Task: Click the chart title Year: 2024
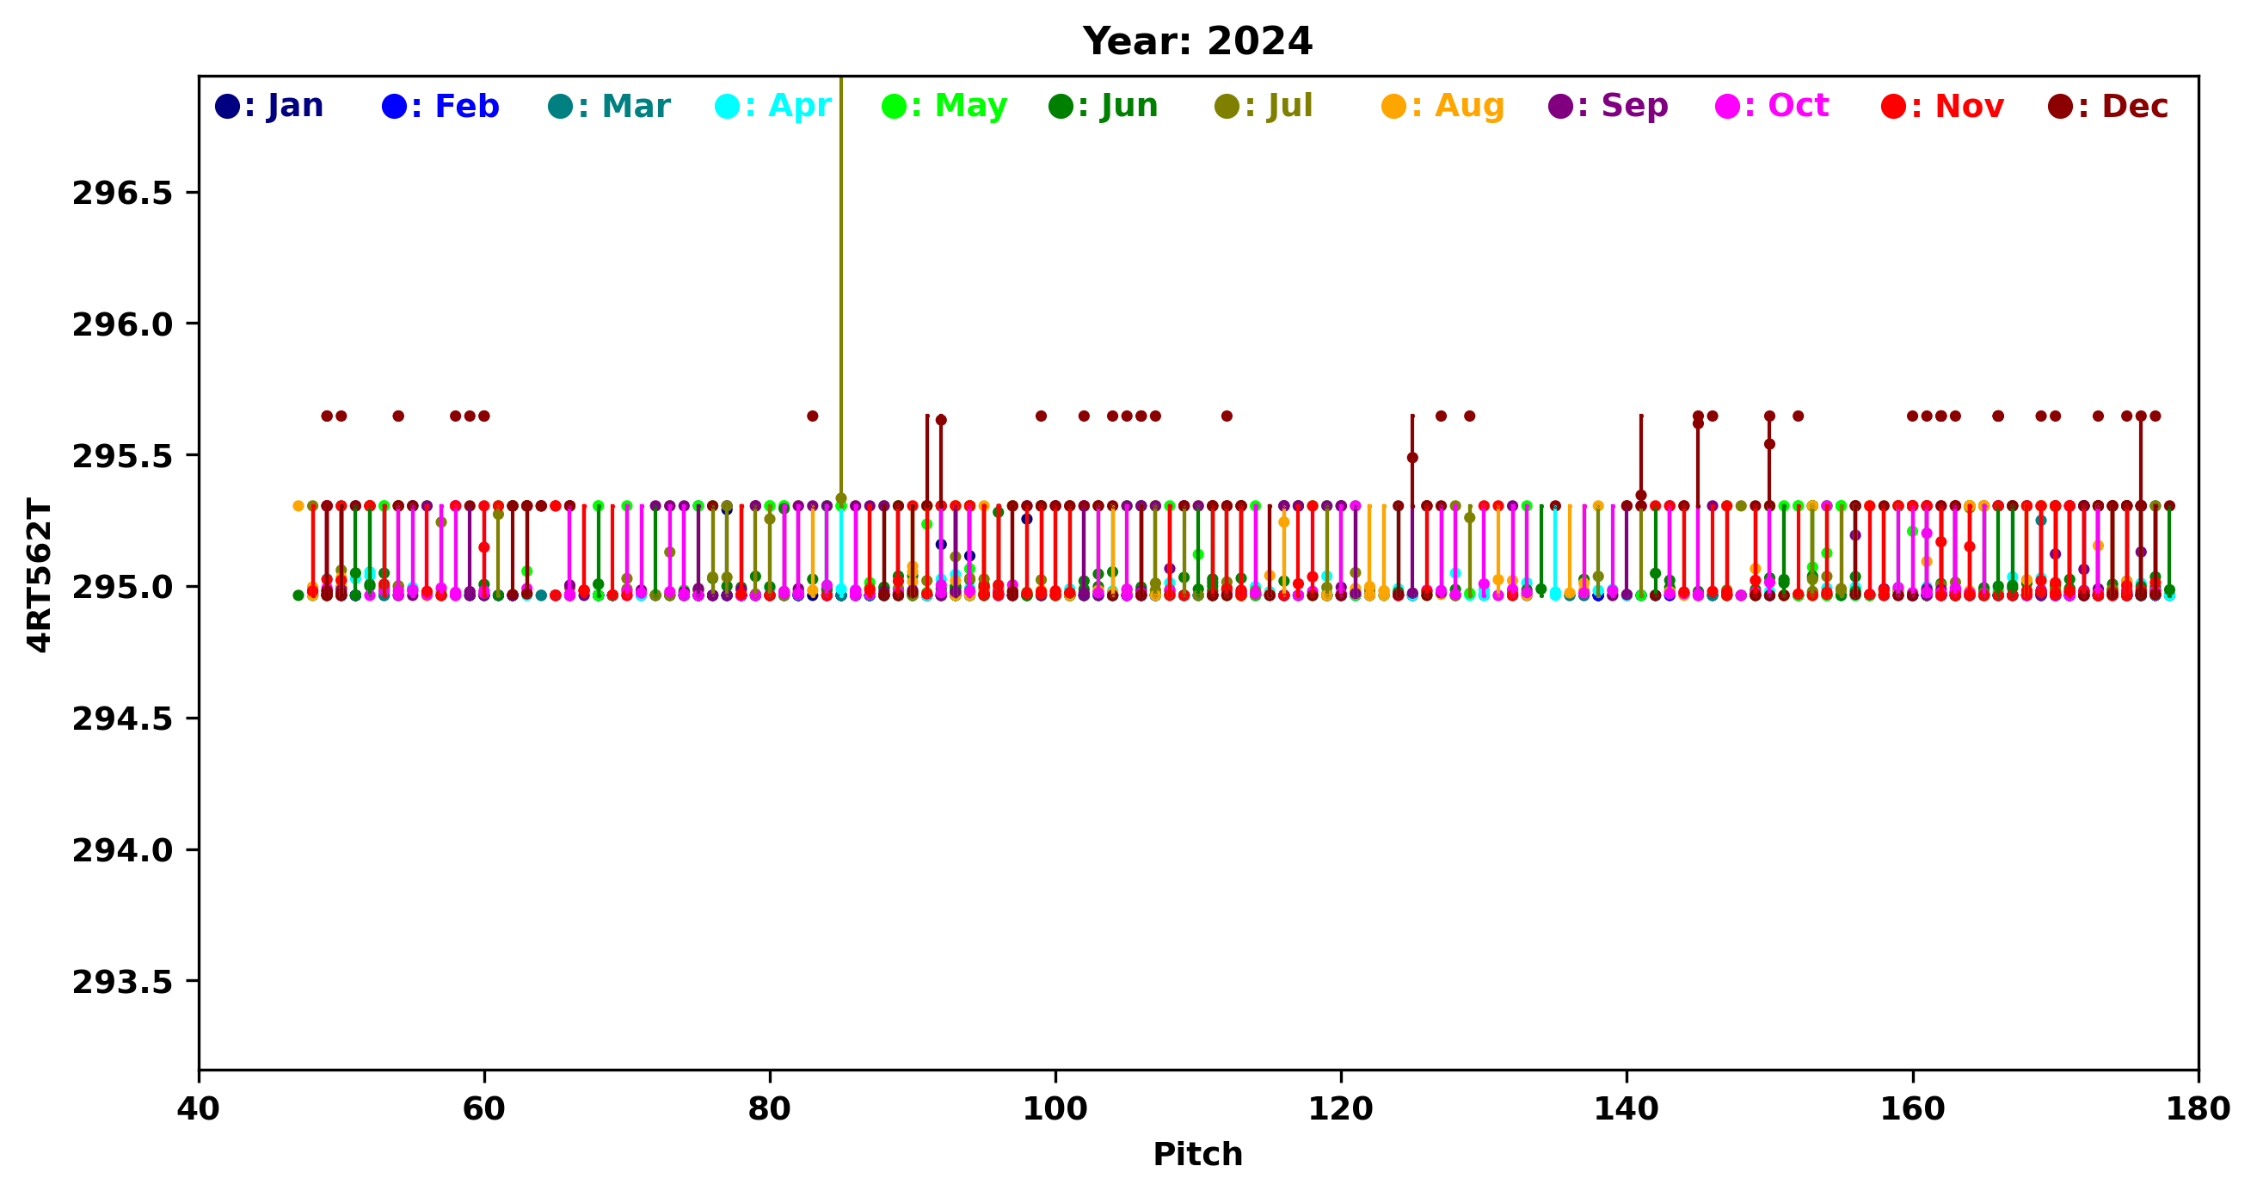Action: pyautogui.click(x=1196, y=41)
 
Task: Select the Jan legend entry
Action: pyautogui.click(x=270, y=106)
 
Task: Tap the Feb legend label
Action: pyautogui.click(x=440, y=106)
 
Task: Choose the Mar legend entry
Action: pyautogui.click(x=609, y=106)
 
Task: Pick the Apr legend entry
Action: pyautogui.click(x=773, y=106)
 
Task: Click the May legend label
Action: pyautogui.click(x=944, y=106)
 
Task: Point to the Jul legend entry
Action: pyautogui.click(x=1264, y=106)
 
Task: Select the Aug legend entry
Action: pyautogui.click(x=1443, y=106)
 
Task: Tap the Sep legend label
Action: pyautogui.click(x=1608, y=106)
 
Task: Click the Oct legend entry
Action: pyautogui.click(x=1773, y=106)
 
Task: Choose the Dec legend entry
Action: pyautogui.click(x=2109, y=106)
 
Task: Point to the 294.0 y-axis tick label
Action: pyautogui.click(x=122, y=850)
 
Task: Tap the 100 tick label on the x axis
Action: pyautogui.click(x=1055, y=1109)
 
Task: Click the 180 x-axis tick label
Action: pyautogui.click(x=2198, y=1109)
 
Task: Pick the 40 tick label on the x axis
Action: pyautogui.click(x=199, y=1109)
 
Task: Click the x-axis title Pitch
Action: pyautogui.click(x=1196, y=1154)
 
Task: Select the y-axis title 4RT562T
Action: pyautogui.click(x=40, y=574)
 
